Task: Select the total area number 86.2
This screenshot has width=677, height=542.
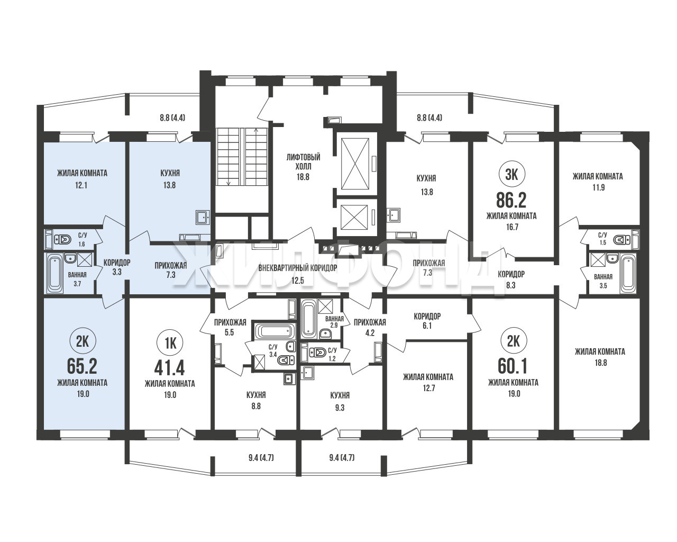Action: (511, 200)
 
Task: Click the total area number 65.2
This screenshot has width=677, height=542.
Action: (82, 366)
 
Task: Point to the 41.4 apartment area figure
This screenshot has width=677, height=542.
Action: (170, 367)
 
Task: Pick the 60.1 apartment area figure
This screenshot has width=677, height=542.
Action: (513, 366)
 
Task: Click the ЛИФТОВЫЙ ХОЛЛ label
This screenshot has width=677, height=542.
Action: (303, 161)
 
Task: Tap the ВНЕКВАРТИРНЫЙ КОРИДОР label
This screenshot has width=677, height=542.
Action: (298, 268)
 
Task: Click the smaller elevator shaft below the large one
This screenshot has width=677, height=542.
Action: (354, 218)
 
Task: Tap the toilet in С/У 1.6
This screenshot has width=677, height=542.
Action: (62, 240)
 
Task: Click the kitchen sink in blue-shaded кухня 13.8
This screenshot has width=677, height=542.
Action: (203, 217)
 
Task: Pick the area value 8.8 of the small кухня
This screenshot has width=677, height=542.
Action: (256, 406)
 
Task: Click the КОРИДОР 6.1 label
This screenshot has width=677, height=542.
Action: (427, 321)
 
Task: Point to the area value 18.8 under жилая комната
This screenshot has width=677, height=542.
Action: (600, 363)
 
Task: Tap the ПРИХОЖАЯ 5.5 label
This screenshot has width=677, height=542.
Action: (230, 327)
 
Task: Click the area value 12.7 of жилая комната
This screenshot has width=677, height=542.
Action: (429, 388)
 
